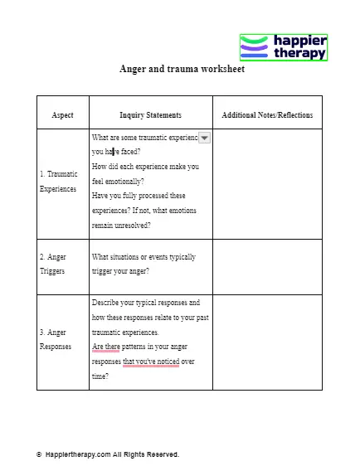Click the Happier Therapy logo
pyautogui.click(x=283, y=48)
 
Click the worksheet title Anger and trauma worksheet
pyautogui.click(x=182, y=70)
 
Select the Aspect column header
pyautogui.click(x=62, y=115)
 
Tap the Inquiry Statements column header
pyautogui.click(x=150, y=115)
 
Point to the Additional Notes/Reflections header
pyautogui.click(x=267, y=115)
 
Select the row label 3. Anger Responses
pyautogui.click(x=56, y=339)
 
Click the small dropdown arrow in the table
pyautogui.click(x=205, y=138)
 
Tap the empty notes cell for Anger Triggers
pyautogui.click(x=267, y=266)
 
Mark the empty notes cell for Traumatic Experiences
pyautogui.click(x=267, y=183)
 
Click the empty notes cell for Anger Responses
pyautogui.click(x=267, y=342)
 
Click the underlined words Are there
pyautogui.click(x=105, y=347)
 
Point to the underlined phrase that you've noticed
pyautogui.click(x=151, y=362)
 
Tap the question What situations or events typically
pyautogui.click(x=144, y=258)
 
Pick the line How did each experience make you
pyautogui.click(x=145, y=167)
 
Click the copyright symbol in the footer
pyautogui.click(x=39, y=454)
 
